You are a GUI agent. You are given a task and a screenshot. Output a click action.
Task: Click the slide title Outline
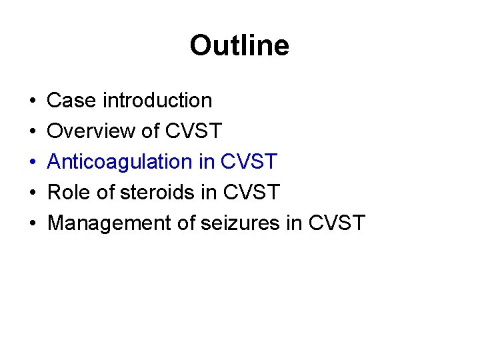tap(239, 46)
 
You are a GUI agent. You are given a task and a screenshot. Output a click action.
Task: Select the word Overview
tap(92, 131)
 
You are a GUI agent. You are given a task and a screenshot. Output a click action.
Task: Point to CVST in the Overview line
tap(193, 131)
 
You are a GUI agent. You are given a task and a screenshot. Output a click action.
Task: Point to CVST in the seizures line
tap(337, 223)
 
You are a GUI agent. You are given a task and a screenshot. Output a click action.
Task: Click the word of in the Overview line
tap(151, 131)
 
